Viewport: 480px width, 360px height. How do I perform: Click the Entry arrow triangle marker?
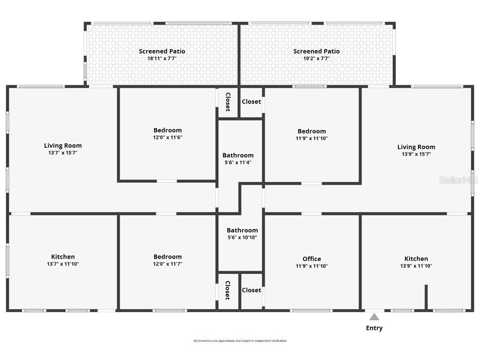374,317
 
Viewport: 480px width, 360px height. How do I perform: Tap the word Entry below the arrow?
374,328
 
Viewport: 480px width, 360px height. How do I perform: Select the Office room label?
312,259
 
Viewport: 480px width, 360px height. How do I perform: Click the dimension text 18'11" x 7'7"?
162,59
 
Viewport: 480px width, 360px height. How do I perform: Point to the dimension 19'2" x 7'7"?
316,59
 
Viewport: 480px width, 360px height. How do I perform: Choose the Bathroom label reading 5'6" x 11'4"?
238,155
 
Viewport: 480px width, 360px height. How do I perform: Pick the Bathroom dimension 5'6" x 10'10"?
242,237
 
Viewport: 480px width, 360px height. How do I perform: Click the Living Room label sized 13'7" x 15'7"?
63,146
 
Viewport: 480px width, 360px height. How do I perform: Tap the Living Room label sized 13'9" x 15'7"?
416,147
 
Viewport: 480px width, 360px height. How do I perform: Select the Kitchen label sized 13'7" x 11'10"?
63,257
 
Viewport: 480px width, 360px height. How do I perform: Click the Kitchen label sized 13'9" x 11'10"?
416,259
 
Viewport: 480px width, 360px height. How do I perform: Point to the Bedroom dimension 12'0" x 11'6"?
167,138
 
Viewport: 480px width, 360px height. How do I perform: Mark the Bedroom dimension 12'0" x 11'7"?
167,264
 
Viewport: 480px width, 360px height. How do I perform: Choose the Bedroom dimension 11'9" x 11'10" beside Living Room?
312,138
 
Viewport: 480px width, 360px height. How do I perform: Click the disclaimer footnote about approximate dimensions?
240,341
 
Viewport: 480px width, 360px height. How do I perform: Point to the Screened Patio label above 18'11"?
162,51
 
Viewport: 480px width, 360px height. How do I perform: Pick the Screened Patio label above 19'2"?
316,51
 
